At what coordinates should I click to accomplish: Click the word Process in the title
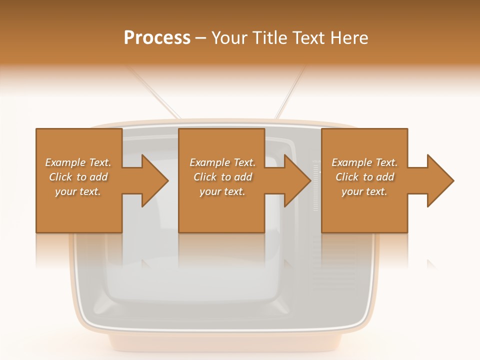tap(157, 38)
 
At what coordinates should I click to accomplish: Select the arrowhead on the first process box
tap(152, 180)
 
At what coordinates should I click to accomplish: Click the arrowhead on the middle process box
tap(295, 180)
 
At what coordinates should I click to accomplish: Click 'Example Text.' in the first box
tap(78, 162)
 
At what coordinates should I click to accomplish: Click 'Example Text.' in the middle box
tap(222, 162)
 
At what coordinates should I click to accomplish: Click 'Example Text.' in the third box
tap(364, 162)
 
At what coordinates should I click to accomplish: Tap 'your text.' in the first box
tap(78, 191)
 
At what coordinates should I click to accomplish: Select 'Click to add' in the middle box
tap(222, 177)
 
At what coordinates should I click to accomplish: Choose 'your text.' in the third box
tap(364, 191)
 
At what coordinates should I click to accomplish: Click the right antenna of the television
tap(290, 92)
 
